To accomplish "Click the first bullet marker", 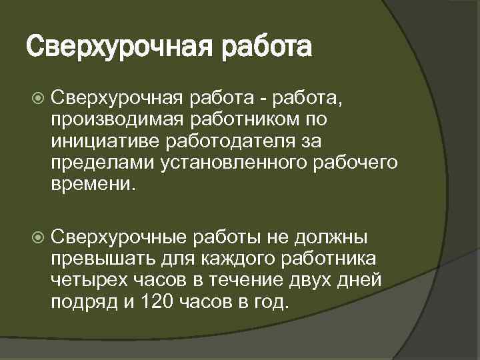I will (37, 99).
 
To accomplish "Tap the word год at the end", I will (271, 301).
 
